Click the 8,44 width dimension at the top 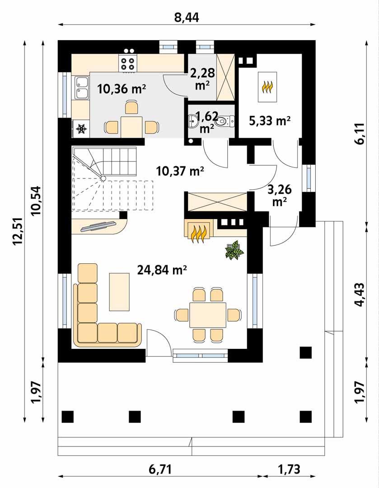click(x=187, y=18)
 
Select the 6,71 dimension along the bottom click(x=160, y=469)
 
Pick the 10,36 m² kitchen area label click(x=122, y=89)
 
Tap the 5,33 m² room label click(x=270, y=121)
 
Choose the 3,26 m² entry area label click(x=280, y=195)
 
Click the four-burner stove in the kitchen click(x=127, y=64)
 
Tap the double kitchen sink click(x=81, y=88)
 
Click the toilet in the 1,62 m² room click(x=226, y=121)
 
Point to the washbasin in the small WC click(x=192, y=121)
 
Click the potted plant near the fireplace click(x=234, y=249)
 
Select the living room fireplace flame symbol click(x=199, y=234)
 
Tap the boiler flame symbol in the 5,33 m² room click(x=267, y=87)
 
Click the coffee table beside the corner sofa click(x=119, y=291)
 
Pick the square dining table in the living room click(x=207, y=314)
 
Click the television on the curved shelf click(x=98, y=226)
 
